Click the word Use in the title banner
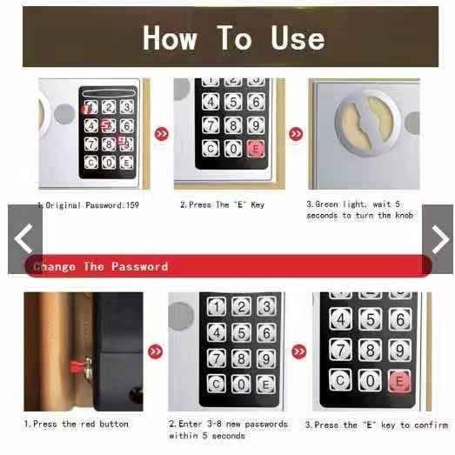[x=298, y=38]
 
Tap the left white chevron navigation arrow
[x=23, y=238]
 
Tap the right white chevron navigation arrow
[x=440, y=239]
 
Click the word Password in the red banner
[x=140, y=266]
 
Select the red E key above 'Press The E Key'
[x=256, y=149]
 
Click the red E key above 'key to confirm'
[x=399, y=380]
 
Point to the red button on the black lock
[x=77, y=366]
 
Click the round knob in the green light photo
[x=368, y=123]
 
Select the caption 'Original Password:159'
[x=88, y=205]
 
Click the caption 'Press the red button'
[x=77, y=424]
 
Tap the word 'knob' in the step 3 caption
[x=405, y=215]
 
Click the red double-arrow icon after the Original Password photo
[x=161, y=134]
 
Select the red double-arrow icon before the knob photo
[x=296, y=134]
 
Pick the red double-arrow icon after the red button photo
[x=155, y=351]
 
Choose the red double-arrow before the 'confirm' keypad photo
[x=299, y=351]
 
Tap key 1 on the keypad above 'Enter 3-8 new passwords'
[x=217, y=307]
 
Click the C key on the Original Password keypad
[x=91, y=162]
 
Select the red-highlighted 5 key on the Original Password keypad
[x=108, y=125]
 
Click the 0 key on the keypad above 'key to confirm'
[x=370, y=380]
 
